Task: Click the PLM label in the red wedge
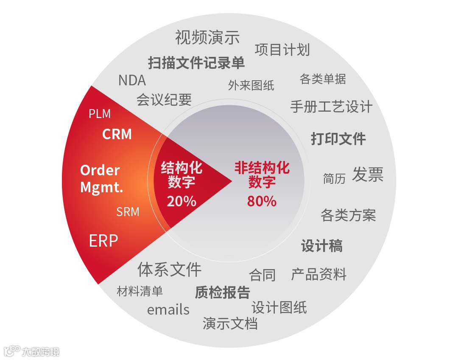pyautogui.click(x=100, y=114)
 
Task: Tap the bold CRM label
pyautogui.click(x=117, y=134)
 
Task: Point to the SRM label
pyautogui.click(x=128, y=211)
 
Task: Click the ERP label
pyautogui.click(x=103, y=241)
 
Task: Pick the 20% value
pyautogui.click(x=182, y=201)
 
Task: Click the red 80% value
pyautogui.click(x=262, y=201)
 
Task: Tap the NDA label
pyautogui.click(x=132, y=80)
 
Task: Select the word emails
pyautogui.click(x=168, y=309)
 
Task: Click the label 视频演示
pyautogui.click(x=207, y=37)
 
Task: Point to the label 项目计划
pyautogui.click(x=282, y=50)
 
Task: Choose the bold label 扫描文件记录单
pyautogui.click(x=196, y=63)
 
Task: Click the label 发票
pyautogui.click(x=368, y=174)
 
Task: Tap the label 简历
pyautogui.click(x=334, y=178)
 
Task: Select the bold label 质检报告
pyautogui.click(x=222, y=292)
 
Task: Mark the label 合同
pyautogui.click(x=262, y=275)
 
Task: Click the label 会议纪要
pyautogui.click(x=164, y=99)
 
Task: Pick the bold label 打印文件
pyautogui.click(x=338, y=138)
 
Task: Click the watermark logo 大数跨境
pyautogui.click(x=32, y=351)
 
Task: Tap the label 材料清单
pyautogui.click(x=140, y=291)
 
